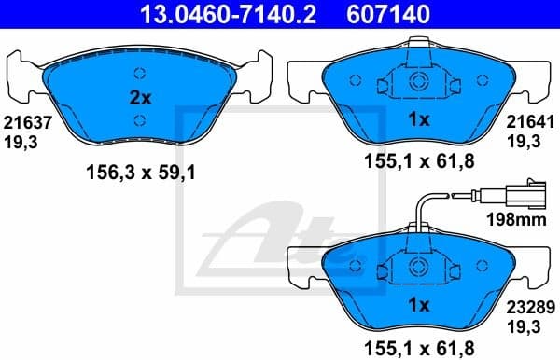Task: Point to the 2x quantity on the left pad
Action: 139,96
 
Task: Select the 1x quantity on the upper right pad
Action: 419,119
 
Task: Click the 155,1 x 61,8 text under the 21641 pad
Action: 419,160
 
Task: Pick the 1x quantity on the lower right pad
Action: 419,305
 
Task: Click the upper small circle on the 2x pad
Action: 139,74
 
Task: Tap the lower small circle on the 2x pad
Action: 139,119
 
